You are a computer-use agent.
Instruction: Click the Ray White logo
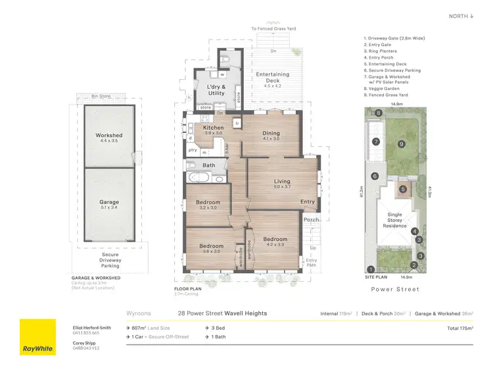click(37, 337)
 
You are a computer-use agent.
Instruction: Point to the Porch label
click(310, 220)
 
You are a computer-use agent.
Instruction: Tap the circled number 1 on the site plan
click(371, 269)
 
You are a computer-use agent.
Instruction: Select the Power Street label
click(395, 289)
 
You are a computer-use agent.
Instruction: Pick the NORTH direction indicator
click(461, 16)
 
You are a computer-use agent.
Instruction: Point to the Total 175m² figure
click(459, 327)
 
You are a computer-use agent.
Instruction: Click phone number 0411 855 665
click(87, 332)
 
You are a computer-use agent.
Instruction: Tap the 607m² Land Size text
click(150, 327)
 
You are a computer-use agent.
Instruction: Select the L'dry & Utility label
click(216, 90)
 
